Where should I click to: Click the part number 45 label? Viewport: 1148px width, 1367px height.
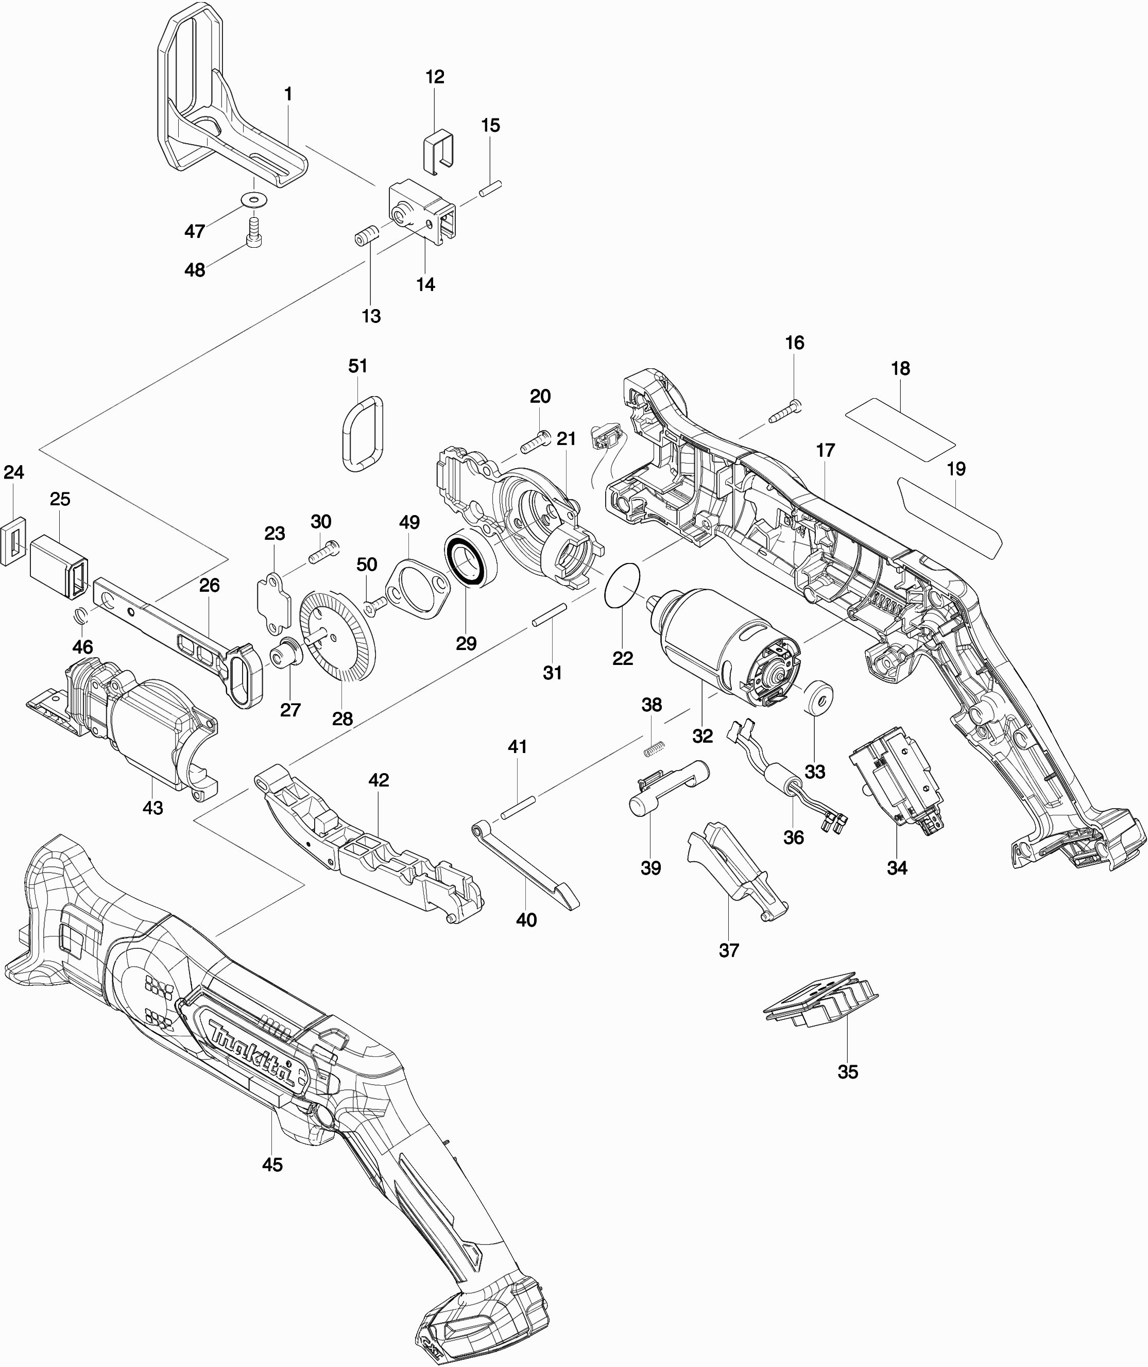(272, 1165)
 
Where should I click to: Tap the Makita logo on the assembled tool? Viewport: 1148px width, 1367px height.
(252, 1048)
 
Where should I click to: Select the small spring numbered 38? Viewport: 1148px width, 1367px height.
(652, 749)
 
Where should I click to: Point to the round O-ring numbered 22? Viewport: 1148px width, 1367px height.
(623, 584)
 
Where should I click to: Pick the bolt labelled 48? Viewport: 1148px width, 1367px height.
(254, 231)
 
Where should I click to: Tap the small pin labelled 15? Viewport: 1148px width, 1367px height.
(491, 188)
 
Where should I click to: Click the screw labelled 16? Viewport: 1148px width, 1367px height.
(785, 412)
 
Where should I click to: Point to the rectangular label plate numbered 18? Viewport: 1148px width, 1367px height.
(901, 429)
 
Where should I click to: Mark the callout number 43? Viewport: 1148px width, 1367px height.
(153, 807)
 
